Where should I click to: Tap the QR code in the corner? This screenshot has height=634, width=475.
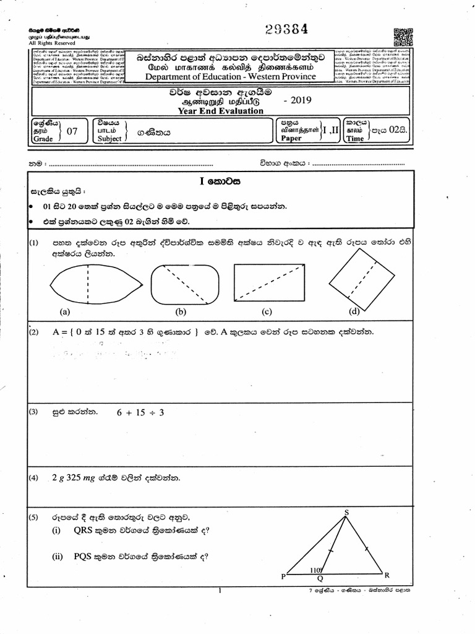click(x=403, y=38)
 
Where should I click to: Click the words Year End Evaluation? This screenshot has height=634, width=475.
click(x=220, y=111)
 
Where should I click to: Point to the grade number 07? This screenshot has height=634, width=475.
click(x=72, y=131)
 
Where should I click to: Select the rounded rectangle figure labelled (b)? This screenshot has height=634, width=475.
click(x=184, y=284)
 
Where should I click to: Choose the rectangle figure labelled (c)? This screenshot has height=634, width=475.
click(x=269, y=284)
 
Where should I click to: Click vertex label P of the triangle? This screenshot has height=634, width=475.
click(x=283, y=576)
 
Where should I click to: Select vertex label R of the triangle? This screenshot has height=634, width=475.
click(x=387, y=575)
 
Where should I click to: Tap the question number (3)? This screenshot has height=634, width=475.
click(x=34, y=412)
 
